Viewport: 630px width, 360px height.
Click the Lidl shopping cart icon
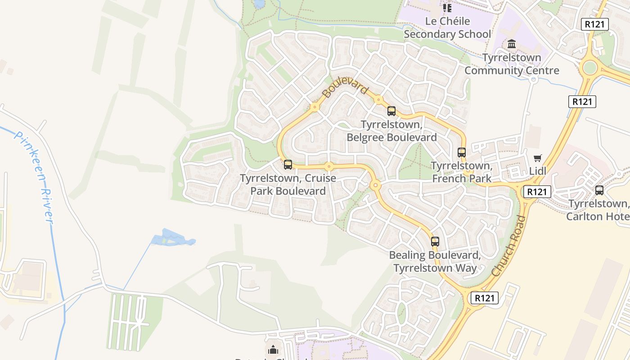point(537,158)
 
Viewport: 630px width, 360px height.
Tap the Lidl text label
point(538,171)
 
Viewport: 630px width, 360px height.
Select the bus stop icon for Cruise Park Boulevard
point(288,165)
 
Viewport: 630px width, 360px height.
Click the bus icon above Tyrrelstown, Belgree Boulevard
point(391,111)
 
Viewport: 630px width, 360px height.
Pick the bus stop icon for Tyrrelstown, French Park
point(462,153)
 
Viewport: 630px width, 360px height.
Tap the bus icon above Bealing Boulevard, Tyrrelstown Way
point(435,242)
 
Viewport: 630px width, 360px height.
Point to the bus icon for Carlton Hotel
point(599,190)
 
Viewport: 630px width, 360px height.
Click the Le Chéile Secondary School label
point(447,27)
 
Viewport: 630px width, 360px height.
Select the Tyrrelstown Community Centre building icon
point(512,44)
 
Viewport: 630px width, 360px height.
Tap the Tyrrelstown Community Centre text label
point(512,64)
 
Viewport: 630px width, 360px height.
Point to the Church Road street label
point(509,246)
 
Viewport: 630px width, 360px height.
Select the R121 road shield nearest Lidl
point(537,192)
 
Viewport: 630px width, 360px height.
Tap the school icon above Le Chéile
point(447,8)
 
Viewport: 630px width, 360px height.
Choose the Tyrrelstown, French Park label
point(462,172)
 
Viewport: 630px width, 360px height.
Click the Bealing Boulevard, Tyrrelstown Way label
point(435,261)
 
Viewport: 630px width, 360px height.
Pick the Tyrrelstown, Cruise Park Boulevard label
point(288,184)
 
